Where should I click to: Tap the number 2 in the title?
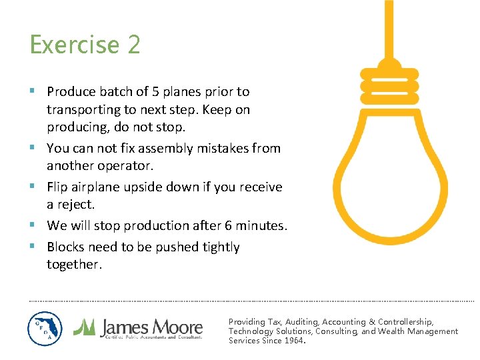click(133, 45)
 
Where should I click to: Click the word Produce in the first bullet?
click(71, 91)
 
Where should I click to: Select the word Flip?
click(59, 187)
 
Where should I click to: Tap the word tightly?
click(217, 247)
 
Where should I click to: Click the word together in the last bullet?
click(74, 264)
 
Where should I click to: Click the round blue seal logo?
click(45, 329)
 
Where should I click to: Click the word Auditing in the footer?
click(299, 321)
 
